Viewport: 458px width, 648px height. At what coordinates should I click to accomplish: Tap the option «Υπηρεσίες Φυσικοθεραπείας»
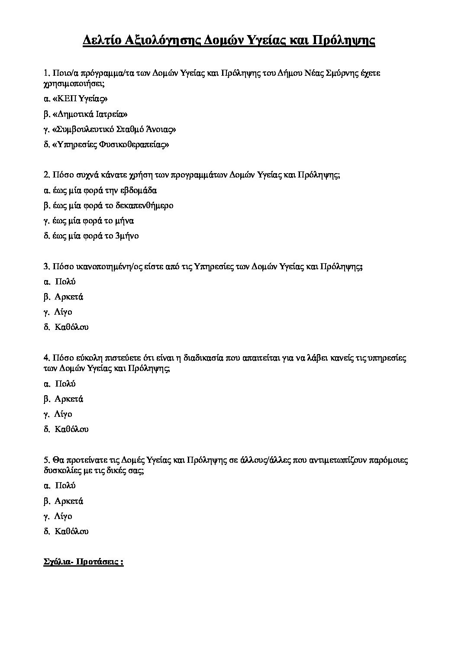pyautogui.click(x=106, y=145)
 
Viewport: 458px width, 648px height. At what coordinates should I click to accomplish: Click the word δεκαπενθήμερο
pyautogui.click(x=145, y=206)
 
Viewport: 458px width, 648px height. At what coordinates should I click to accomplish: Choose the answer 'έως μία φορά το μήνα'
pyautogui.click(x=89, y=221)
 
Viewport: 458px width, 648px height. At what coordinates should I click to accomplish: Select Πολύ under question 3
pyautogui.click(x=65, y=282)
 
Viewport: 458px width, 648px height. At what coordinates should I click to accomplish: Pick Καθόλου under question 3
pyautogui.click(x=71, y=327)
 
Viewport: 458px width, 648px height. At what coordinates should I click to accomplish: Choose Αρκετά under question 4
pyautogui.click(x=69, y=399)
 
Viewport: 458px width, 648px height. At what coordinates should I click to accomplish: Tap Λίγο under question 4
pyautogui.click(x=63, y=414)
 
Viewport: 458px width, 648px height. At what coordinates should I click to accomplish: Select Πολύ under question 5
pyautogui.click(x=65, y=486)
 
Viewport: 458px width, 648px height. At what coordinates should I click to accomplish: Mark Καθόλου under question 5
pyautogui.click(x=71, y=531)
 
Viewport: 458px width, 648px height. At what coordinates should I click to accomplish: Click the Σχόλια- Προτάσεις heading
pyautogui.click(x=84, y=562)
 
